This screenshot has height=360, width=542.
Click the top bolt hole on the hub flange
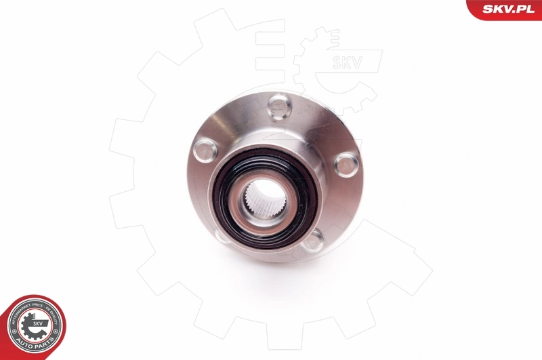pos(279,106)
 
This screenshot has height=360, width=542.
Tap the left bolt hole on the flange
pos(205,150)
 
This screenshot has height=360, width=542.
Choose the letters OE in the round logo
pos(47,309)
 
